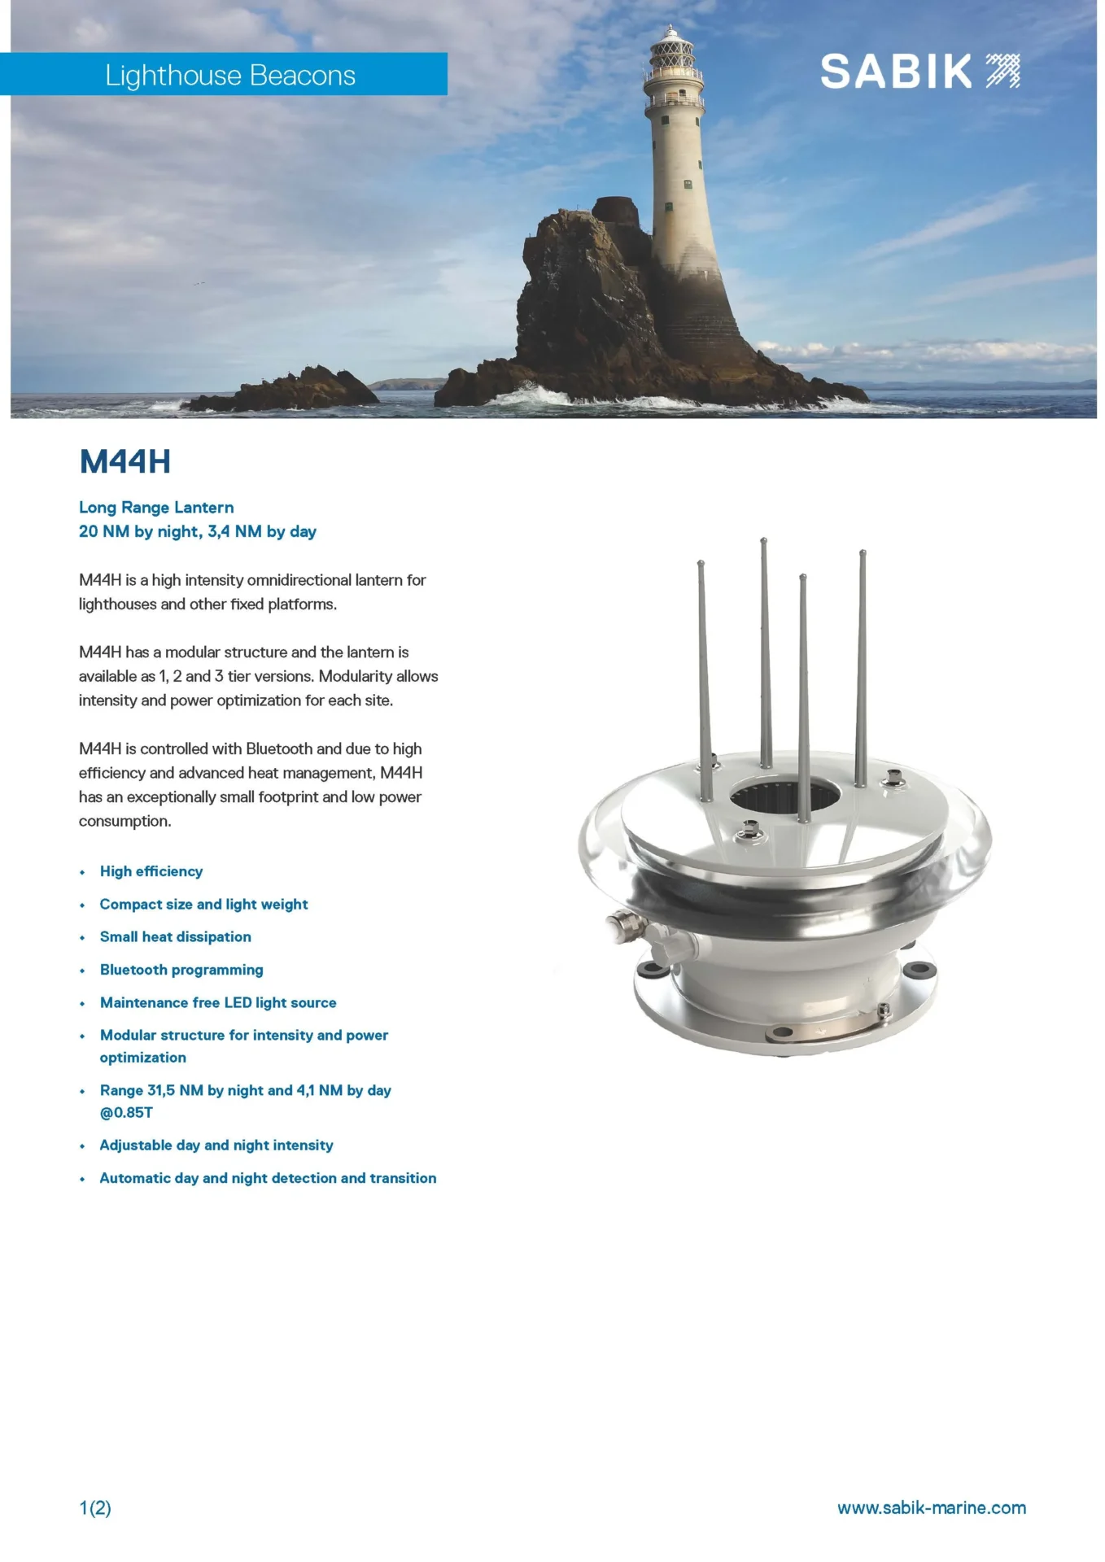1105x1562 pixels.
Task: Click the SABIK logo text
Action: coord(896,72)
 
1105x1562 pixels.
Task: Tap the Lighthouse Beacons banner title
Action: coord(230,75)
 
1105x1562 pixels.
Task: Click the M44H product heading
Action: coord(125,461)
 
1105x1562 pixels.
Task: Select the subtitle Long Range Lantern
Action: coord(156,507)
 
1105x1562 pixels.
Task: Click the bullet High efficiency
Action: coord(151,871)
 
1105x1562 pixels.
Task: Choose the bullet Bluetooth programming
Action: coord(181,970)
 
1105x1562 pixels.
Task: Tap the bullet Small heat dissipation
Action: coord(175,936)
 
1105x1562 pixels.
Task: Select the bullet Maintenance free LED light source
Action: coord(218,1002)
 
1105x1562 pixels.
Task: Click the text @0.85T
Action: coord(126,1112)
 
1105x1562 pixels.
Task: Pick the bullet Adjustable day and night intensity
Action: coord(216,1145)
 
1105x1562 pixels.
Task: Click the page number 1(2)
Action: coord(95,1507)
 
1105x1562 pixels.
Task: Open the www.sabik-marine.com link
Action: coord(932,1507)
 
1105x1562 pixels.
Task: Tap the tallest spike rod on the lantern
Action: coord(765,651)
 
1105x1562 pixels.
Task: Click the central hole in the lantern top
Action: coord(784,794)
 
